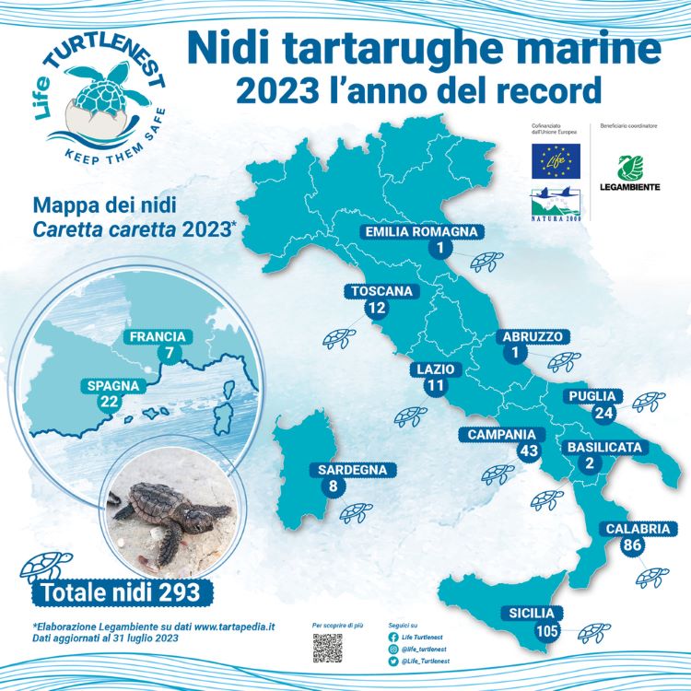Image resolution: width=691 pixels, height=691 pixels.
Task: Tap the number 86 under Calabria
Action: pyautogui.click(x=632, y=545)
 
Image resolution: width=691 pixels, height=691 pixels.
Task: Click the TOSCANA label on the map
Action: pyautogui.click(x=381, y=292)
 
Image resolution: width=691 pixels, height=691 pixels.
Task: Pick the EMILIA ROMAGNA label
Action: pyautogui.click(x=420, y=231)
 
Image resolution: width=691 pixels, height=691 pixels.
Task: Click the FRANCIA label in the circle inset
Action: pyautogui.click(x=158, y=337)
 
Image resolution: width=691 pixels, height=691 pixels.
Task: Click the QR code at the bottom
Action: pyautogui.click(x=327, y=648)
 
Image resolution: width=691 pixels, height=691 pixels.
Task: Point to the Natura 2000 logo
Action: pyautogui.click(x=555, y=204)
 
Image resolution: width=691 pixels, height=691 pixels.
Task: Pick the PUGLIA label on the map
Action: pyautogui.click(x=592, y=397)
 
